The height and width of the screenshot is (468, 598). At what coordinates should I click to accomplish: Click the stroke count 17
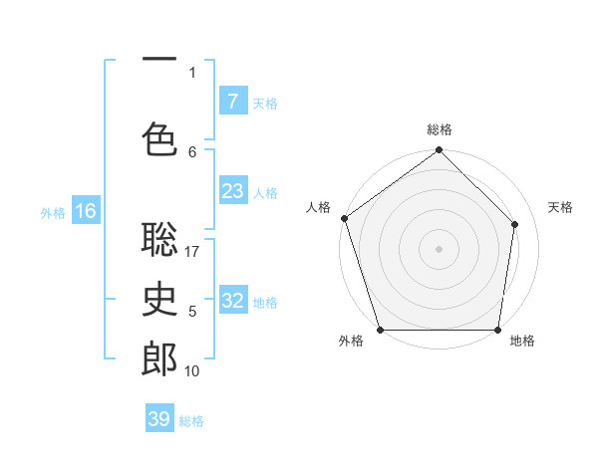192,252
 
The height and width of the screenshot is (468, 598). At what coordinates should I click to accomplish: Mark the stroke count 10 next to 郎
192,371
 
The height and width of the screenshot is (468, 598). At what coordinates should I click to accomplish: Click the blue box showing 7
232,101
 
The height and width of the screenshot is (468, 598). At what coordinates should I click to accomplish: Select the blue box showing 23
232,191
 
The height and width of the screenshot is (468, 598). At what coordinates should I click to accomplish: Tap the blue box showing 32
232,301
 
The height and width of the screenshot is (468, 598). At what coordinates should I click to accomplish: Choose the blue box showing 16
86,210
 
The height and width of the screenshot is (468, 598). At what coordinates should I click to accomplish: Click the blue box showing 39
158,419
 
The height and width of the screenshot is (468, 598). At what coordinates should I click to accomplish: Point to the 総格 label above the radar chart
440,129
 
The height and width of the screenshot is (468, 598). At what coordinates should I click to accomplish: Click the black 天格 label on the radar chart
561,207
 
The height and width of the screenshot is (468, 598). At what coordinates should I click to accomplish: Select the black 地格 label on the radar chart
522,342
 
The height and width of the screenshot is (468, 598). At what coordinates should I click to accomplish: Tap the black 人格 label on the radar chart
318,207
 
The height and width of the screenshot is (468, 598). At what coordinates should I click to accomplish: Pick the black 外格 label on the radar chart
351,342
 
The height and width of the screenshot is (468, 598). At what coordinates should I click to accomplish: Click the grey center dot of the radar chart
439,248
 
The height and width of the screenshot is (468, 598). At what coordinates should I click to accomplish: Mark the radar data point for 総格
439,151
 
